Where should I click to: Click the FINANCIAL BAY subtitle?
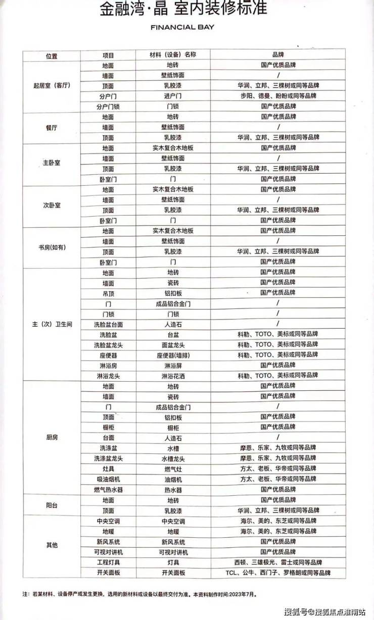[182, 27]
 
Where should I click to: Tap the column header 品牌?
[278, 55]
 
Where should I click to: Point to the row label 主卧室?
[52, 164]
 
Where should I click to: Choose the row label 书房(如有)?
[52, 247]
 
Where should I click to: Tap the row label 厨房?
[52, 437]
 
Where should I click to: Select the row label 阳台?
[52, 505]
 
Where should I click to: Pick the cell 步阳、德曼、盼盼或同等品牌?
[278, 96]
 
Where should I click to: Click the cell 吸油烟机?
[108, 479]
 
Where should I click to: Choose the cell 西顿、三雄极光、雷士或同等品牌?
[278, 562]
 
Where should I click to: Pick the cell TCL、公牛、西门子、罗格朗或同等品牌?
[278, 573]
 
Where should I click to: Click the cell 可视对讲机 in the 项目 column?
[108, 552]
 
